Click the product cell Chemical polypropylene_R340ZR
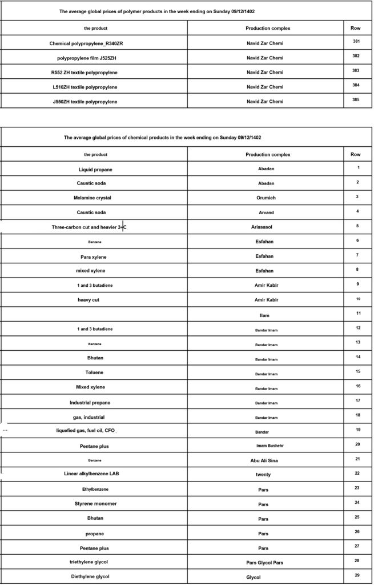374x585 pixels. [95, 43]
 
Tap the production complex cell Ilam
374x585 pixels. [265, 315]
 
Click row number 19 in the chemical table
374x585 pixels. [357, 429]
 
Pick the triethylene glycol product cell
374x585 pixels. [93, 562]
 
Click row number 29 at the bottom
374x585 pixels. [357, 575]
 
